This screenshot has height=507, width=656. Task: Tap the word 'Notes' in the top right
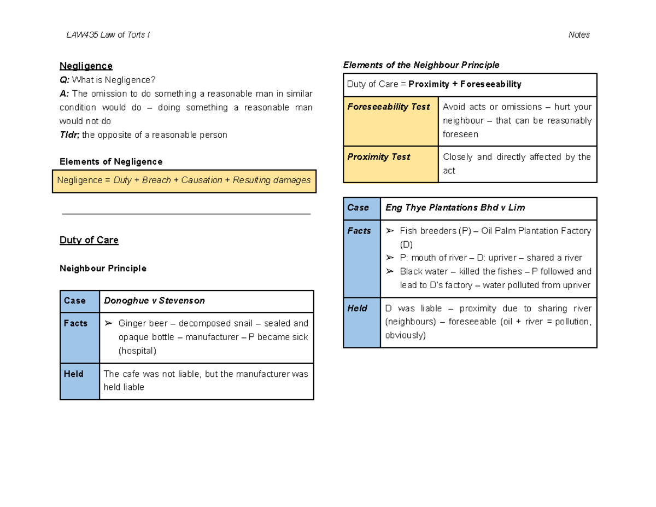pos(579,35)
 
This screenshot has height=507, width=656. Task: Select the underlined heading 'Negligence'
pos(86,66)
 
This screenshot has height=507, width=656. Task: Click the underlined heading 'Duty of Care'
pos(89,240)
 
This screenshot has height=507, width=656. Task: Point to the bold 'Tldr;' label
pos(69,135)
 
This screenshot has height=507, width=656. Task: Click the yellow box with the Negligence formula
pos(184,180)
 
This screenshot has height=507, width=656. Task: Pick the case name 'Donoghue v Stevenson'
pos(155,301)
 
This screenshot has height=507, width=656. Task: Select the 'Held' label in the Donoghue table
pos(74,374)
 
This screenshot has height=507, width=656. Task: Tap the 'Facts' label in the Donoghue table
pos(75,324)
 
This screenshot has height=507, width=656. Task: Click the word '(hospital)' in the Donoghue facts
pos(137,351)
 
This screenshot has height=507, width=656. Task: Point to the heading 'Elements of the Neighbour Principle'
pos(421,65)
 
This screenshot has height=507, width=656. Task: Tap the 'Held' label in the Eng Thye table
pos(357,308)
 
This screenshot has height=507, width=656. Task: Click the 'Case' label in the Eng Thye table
pos(358,208)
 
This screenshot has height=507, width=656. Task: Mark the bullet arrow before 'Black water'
pos(389,272)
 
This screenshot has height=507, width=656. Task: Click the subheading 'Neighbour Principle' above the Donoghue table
pos(103,269)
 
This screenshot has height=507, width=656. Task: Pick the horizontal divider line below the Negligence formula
pos(186,214)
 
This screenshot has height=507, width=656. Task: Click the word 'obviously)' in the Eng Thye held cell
pos(405,335)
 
